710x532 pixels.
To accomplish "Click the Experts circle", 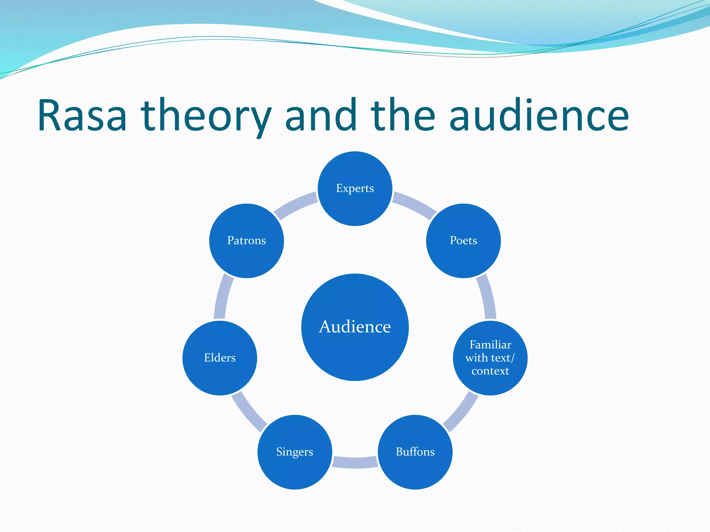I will pyautogui.click(x=355, y=189).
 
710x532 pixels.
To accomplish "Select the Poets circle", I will pyautogui.click(x=463, y=241).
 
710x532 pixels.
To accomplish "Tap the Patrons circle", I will pyautogui.click(x=246, y=241).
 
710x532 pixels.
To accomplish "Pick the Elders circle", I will pyautogui.click(x=220, y=358).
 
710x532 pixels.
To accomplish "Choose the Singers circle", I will pyautogui.click(x=295, y=452).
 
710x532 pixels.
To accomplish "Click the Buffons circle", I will pyautogui.click(x=415, y=452).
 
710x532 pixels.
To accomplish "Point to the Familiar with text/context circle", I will pyautogui.click(x=490, y=358).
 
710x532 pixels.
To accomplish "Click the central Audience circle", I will pyautogui.click(x=355, y=327).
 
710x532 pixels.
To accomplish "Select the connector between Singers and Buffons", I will pyautogui.click(x=355, y=462).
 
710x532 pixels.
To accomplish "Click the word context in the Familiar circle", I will pyautogui.click(x=490, y=371).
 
